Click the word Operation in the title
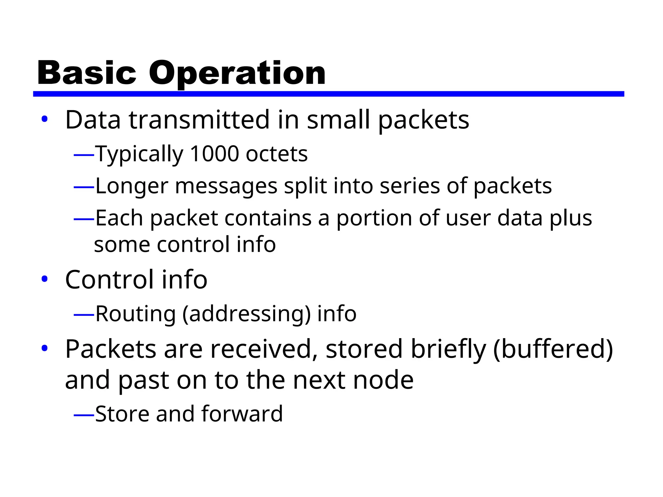click(237, 74)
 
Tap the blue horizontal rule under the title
click(328, 94)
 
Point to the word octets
click(276, 154)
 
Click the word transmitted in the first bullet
click(199, 120)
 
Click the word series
click(410, 186)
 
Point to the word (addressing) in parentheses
click(246, 314)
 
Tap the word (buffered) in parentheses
click(553, 349)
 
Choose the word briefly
click(448, 349)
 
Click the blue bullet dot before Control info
click(45, 279)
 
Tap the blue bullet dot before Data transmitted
click(45, 119)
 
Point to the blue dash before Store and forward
click(84, 414)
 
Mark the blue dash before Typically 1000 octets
click(84, 155)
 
